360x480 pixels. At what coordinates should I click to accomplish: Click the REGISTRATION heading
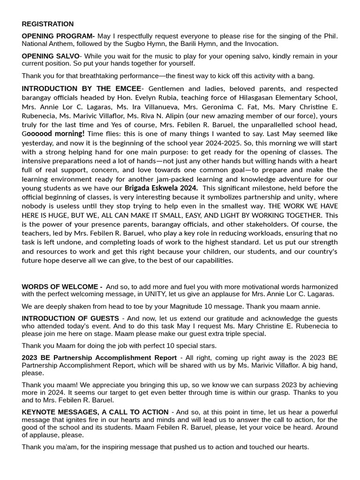(x=47, y=24)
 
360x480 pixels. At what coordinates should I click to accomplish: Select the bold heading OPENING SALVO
(x=50, y=56)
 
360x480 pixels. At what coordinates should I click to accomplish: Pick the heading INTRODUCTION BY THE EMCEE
(x=81, y=89)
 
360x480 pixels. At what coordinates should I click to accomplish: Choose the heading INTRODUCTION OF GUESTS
(x=70, y=318)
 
